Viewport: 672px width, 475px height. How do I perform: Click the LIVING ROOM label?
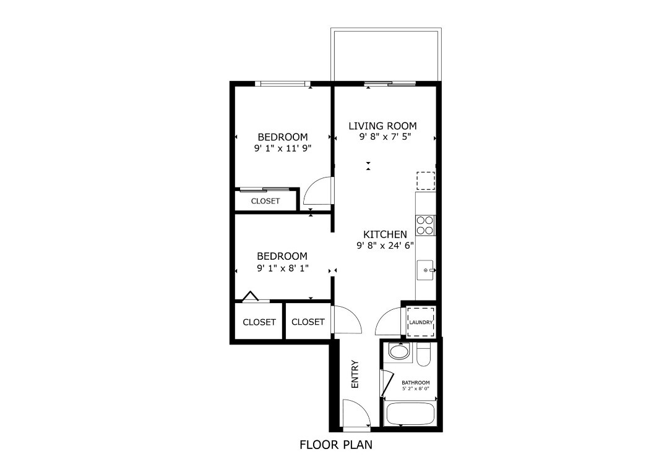[x=382, y=126]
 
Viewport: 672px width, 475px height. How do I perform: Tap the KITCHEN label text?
[x=385, y=234]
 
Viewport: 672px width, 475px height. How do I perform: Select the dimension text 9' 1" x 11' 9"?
[x=282, y=148]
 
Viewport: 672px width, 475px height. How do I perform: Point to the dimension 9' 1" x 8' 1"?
[x=282, y=268]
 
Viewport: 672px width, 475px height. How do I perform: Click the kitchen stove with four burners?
[x=425, y=225]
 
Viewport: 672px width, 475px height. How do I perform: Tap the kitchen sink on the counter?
[x=425, y=271]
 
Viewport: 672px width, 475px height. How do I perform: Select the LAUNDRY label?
[x=421, y=322]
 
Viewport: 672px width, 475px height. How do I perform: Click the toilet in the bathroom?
[x=424, y=356]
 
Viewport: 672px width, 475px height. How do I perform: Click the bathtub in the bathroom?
[x=411, y=413]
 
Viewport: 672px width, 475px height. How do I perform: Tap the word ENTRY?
[x=355, y=374]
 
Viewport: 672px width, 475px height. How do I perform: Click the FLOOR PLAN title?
[x=336, y=445]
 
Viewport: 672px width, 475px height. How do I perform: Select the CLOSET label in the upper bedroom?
[x=265, y=201]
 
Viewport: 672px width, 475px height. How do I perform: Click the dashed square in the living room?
[x=425, y=180]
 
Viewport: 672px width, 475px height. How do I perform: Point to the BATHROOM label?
[x=415, y=383]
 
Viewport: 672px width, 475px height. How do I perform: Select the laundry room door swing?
[x=388, y=322]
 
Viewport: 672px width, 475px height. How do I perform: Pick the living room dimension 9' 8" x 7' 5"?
[x=385, y=137]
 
